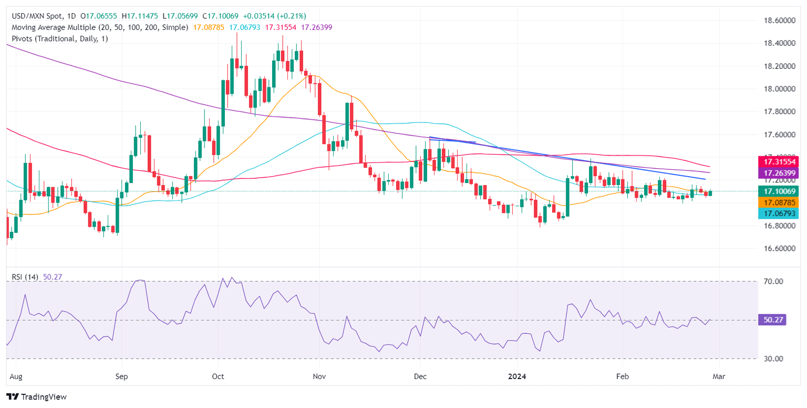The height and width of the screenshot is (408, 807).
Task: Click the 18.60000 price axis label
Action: tap(780, 21)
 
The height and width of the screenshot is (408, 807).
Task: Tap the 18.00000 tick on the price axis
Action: tap(780, 89)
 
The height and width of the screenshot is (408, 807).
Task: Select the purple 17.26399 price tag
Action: tap(780, 173)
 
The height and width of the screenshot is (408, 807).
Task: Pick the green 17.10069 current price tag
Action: tap(780, 191)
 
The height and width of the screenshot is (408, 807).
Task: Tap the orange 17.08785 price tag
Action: tap(780, 202)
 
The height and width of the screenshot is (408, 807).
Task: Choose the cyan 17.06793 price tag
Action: tap(780, 213)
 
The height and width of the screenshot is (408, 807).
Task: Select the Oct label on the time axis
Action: tap(218, 376)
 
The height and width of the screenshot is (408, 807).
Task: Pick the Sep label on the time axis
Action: tap(121, 376)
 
